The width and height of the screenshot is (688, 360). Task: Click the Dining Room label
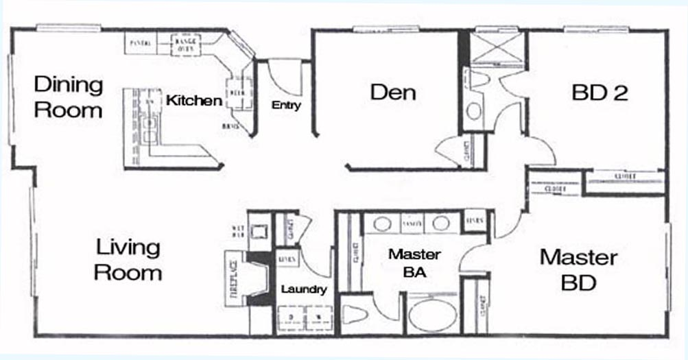pyautogui.click(x=69, y=97)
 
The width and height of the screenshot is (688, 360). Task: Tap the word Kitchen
pyautogui.click(x=194, y=101)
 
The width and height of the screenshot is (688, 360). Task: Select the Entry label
pyautogui.click(x=286, y=106)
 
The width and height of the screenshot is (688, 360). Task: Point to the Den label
pyautogui.click(x=393, y=93)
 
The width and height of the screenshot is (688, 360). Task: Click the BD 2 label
pyautogui.click(x=600, y=93)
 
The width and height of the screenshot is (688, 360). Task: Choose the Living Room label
pyautogui.click(x=128, y=260)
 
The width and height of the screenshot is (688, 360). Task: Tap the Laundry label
pyautogui.click(x=303, y=290)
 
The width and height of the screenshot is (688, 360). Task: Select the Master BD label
pyautogui.click(x=578, y=269)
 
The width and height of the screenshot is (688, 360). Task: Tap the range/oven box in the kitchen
pyautogui.click(x=184, y=43)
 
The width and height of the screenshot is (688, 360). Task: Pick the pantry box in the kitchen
pyautogui.click(x=141, y=43)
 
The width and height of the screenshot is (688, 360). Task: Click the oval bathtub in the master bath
pyautogui.click(x=433, y=316)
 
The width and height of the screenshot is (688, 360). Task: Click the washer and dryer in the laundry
pyautogui.click(x=302, y=317)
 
